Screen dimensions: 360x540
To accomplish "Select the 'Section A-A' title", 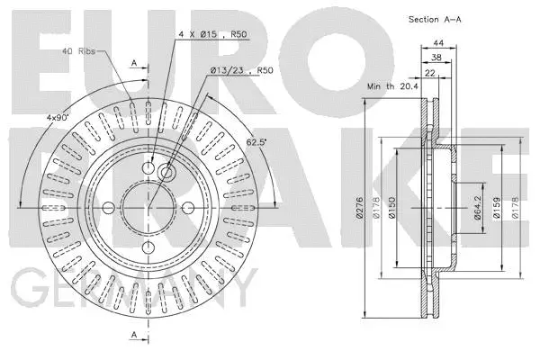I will pos(434,19).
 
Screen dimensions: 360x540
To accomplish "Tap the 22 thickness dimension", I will pos(430,74).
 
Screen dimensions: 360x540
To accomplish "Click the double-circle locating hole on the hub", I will pos(166,172).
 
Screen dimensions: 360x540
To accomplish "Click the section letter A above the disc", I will pos(134,64).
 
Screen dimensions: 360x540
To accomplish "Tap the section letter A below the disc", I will pos(134,335).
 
